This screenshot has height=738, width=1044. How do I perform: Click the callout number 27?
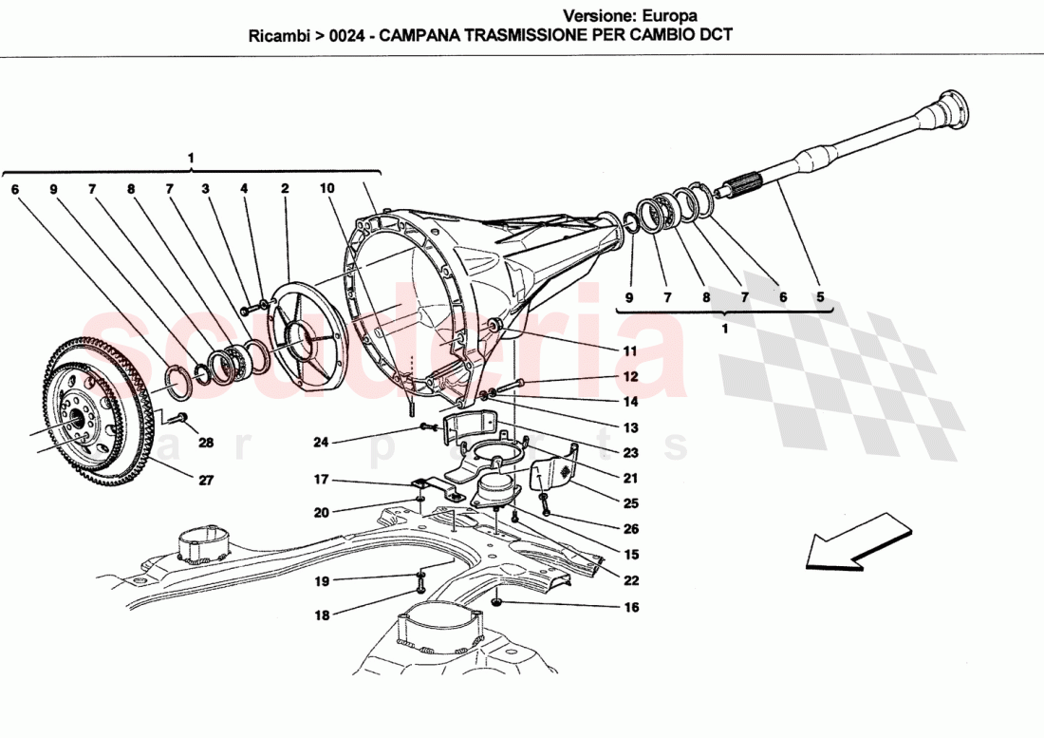point(206,481)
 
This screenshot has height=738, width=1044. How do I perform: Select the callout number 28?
point(206,444)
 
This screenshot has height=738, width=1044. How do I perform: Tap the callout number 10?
point(326,189)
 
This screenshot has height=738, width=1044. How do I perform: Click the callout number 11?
point(629,350)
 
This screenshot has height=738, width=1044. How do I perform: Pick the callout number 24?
point(322,441)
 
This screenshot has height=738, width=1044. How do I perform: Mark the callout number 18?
point(322,615)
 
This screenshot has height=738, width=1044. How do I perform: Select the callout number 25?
point(631,503)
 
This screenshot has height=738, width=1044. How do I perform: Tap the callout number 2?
point(284,189)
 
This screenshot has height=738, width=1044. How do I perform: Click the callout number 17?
point(322,480)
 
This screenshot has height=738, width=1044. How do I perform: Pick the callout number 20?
point(322,513)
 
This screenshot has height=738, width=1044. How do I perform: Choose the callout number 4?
point(244,189)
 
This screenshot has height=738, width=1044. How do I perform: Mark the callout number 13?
point(631,427)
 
